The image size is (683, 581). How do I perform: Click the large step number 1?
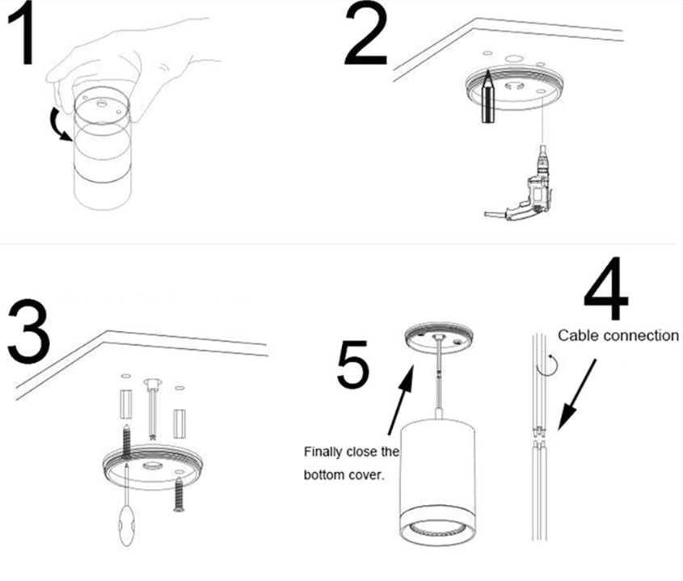pos(23,36)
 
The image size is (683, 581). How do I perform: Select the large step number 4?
pos(606,288)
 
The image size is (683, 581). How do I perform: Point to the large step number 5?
pos(352,365)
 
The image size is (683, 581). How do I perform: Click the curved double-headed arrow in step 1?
pos(57,125)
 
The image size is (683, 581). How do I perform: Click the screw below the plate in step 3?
pos(179,494)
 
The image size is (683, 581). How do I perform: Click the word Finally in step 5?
pos(323,452)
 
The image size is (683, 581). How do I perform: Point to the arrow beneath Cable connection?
pos(577,394)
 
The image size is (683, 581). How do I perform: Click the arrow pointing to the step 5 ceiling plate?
pos(401,400)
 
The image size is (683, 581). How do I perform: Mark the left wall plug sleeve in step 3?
pos(125,404)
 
